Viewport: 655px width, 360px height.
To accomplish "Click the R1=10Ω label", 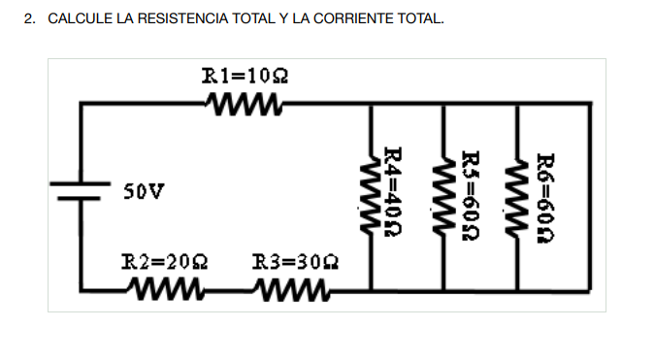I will [246, 75].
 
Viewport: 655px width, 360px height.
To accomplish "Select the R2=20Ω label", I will [164, 262].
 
